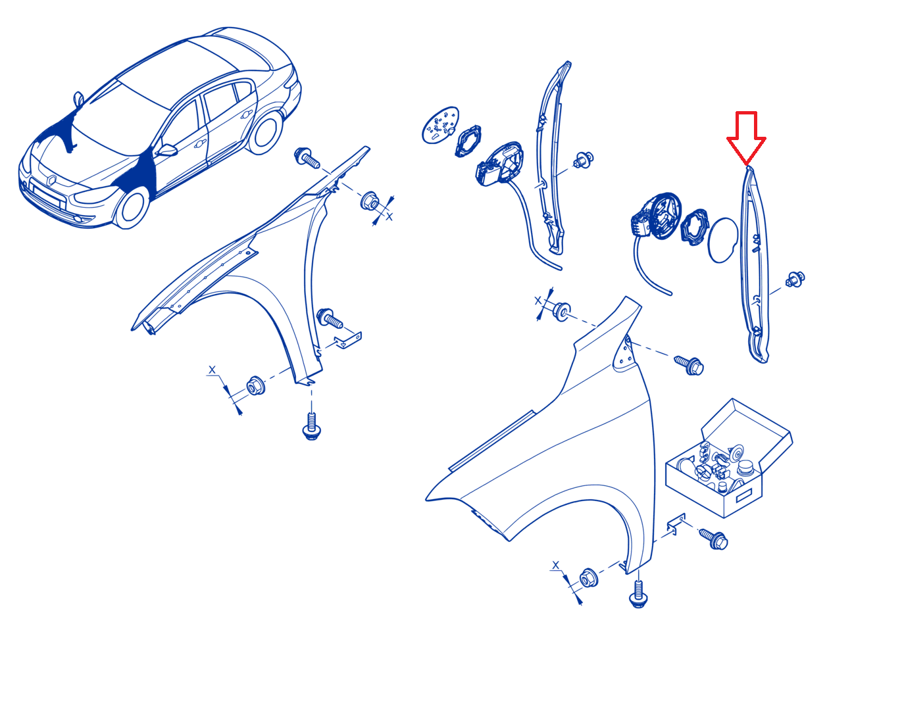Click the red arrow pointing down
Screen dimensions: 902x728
(745, 136)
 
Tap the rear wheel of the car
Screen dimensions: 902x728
(265, 132)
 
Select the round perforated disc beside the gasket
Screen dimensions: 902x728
(440, 125)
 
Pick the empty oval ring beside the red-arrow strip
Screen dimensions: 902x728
(722, 240)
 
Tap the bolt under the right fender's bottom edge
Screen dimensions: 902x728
(638, 595)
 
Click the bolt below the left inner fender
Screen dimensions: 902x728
(311, 427)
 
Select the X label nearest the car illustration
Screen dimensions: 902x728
(389, 216)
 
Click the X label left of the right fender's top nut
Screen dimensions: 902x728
(538, 301)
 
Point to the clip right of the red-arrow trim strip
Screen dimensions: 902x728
(795, 279)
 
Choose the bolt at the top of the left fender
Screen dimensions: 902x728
(307, 157)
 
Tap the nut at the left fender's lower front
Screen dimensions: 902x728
(255, 385)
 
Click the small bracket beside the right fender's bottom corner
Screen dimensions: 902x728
(676, 524)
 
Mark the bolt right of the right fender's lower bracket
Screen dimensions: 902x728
(714, 539)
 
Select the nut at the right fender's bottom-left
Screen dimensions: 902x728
(588, 578)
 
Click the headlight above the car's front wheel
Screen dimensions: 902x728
(91, 194)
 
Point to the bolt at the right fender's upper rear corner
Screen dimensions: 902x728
(689, 364)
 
